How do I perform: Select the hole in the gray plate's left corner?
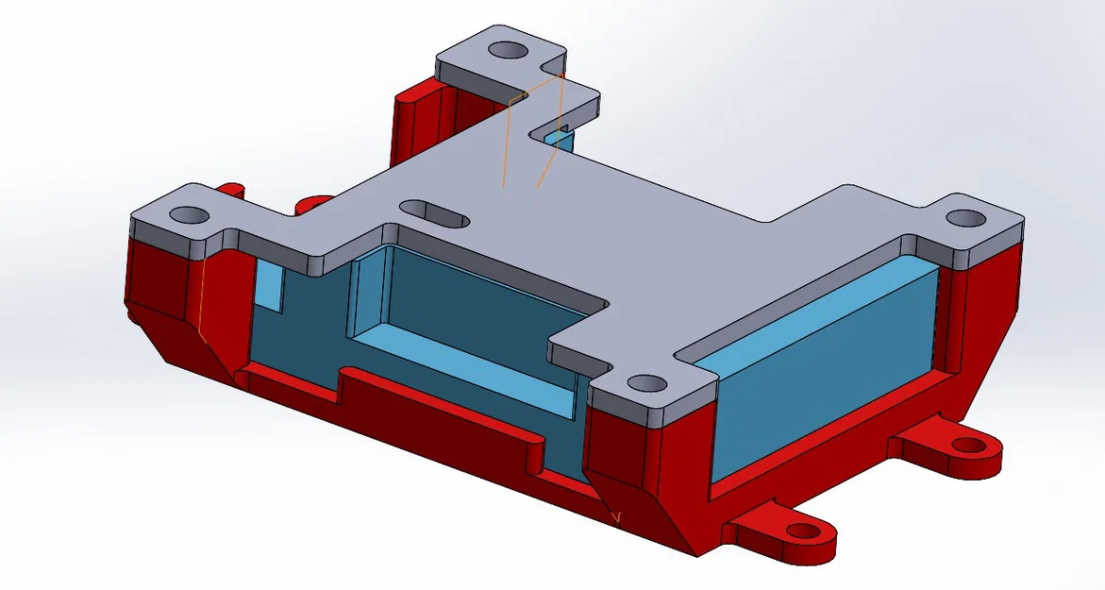[x=190, y=215]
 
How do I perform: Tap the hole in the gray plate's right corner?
[x=964, y=217]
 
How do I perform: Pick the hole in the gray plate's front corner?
[x=646, y=383]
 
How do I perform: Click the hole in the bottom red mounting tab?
[x=800, y=532]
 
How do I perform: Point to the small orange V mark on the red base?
[x=617, y=516]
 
